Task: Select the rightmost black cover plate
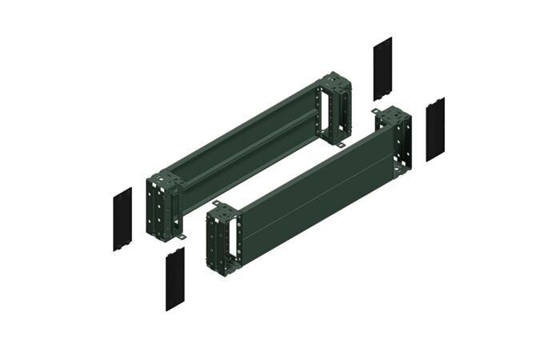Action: [435, 129]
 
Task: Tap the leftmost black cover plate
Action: [122, 219]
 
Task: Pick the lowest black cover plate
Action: [175, 278]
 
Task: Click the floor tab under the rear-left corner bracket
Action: [182, 238]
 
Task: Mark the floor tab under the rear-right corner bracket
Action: [339, 144]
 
